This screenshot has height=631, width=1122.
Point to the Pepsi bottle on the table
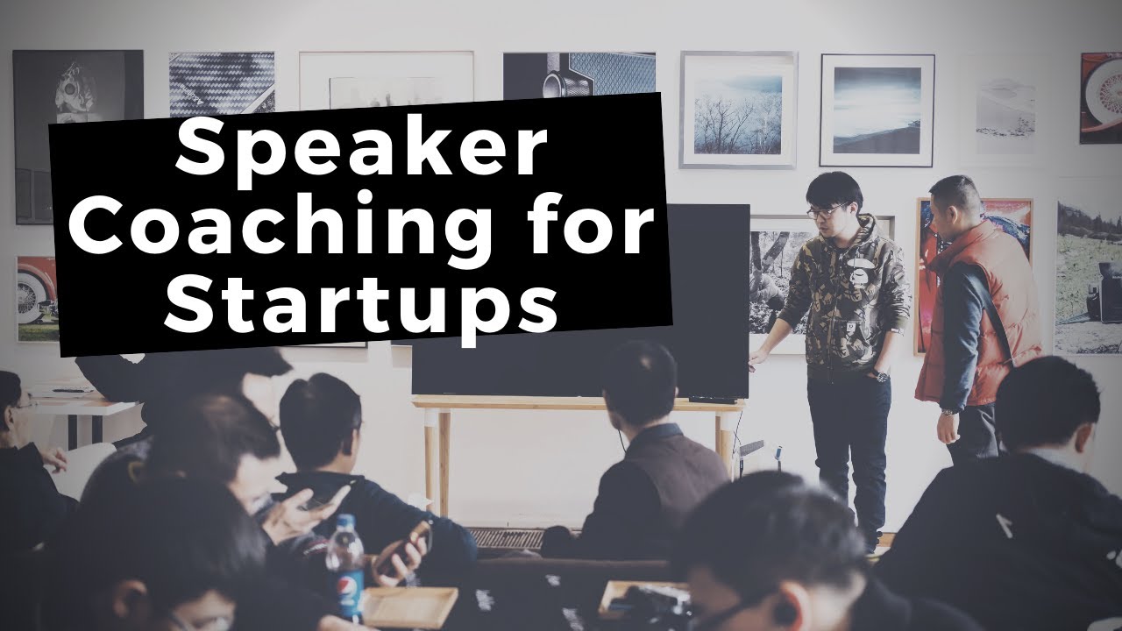pos(344,565)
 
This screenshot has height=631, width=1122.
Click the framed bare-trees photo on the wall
pos(737,109)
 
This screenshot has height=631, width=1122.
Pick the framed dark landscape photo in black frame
pos(877,110)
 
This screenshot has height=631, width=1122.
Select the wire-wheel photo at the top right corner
pos(1101,96)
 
